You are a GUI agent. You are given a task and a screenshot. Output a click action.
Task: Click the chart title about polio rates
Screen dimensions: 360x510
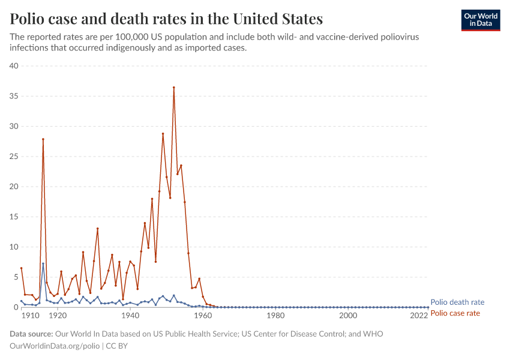[x=166, y=19]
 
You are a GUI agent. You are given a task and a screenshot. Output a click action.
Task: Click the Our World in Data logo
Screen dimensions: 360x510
[x=480, y=20]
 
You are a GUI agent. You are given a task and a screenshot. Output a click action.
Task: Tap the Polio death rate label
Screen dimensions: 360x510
[x=457, y=302]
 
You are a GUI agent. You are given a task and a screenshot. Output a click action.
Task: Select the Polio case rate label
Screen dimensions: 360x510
[x=455, y=313]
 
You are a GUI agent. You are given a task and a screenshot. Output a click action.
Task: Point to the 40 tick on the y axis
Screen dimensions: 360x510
[x=14, y=66]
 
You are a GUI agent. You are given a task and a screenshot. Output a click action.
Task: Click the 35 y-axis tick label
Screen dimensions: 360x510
[x=14, y=96]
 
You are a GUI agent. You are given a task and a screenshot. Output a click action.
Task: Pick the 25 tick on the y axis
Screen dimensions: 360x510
[x=14, y=157]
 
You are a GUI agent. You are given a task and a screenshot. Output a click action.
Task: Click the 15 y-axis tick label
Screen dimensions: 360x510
[x=14, y=217]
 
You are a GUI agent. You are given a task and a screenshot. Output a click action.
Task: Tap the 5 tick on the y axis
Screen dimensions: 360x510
[x=16, y=277]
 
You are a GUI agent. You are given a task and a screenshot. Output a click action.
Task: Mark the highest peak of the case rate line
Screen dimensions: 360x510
[x=174, y=88]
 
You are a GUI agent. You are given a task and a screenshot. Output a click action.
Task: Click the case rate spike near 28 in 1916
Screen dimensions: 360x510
[x=43, y=139]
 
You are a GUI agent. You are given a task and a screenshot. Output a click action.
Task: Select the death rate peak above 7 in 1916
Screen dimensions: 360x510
[x=43, y=263]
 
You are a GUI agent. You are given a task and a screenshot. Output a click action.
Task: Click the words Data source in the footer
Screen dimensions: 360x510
[x=31, y=334]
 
